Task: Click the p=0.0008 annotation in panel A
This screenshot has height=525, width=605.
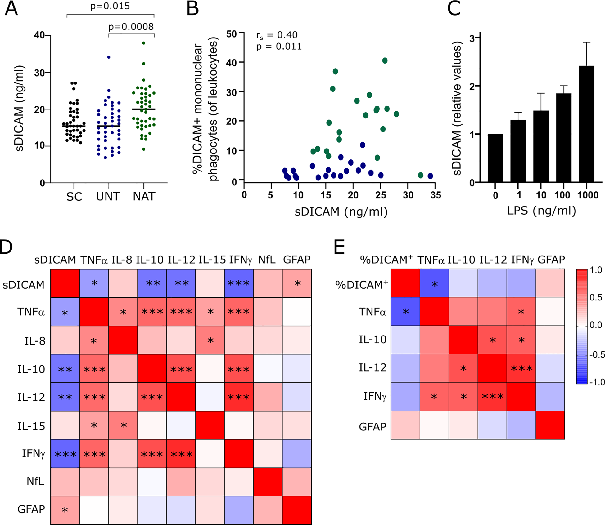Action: tap(131, 27)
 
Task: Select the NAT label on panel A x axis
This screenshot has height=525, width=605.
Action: tap(144, 197)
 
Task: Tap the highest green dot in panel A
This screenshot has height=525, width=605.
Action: tap(144, 43)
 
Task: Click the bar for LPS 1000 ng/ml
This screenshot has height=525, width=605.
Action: tap(586, 124)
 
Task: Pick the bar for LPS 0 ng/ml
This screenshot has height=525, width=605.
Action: tap(495, 158)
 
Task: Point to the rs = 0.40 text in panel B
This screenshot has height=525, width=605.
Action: tap(277, 35)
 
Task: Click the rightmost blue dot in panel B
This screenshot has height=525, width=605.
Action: tap(430, 176)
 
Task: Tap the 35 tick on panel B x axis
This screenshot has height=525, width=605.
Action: tap(436, 195)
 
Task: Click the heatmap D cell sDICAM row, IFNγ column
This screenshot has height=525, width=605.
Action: tap(238, 283)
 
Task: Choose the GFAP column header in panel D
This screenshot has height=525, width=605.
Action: tap(296, 260)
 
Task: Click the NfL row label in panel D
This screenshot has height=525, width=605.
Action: tap(35, 481)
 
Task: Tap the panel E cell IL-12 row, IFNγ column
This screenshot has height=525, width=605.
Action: tap(521, 368)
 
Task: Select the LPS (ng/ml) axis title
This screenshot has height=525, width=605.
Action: tap(541, 211)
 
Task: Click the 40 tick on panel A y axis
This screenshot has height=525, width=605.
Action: tap(39, 35)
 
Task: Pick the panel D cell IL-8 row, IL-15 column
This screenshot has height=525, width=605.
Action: tap(210, 340)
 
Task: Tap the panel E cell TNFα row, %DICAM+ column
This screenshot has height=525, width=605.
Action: tap(405, 312)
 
